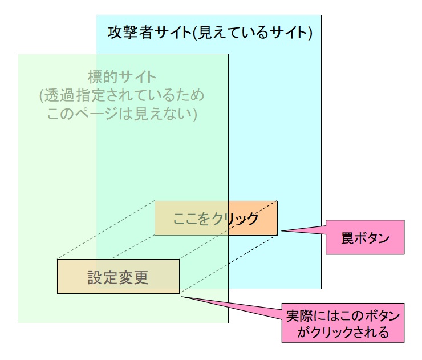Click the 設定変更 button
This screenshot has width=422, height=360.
click(x=118, y=277)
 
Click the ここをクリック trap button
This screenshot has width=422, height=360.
click(x=216, y=218)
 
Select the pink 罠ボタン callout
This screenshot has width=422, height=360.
click(x=365, y=236)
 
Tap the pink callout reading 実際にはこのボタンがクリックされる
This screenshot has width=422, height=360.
click(x=343, y=323)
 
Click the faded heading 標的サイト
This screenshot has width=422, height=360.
click(x=122, y=76)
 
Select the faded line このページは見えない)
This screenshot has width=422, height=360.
click(x=122, y=114)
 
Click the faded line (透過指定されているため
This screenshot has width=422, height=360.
click(x=122, y=95)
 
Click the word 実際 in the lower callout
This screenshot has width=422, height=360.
click(x=301, y=315)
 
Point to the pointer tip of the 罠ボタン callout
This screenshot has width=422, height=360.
click(x=282, y=231)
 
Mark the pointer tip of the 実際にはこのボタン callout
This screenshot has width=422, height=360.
click(x=181, y=296)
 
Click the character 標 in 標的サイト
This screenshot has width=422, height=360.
click(x=95, y=76)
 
